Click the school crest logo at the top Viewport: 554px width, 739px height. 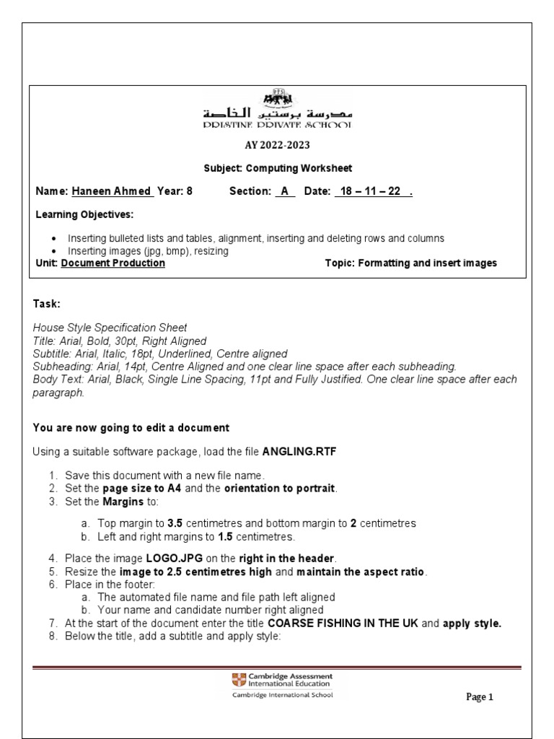point(278,98)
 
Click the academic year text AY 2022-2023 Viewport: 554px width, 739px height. point(277,144)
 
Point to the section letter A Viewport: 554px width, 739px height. point(285,192)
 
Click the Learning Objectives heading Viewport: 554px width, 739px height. point(84,215)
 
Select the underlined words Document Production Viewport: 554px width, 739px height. point(113,263)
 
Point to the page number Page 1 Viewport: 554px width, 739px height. point(479,697)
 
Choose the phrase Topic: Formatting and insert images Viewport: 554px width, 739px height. point(411,263)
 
